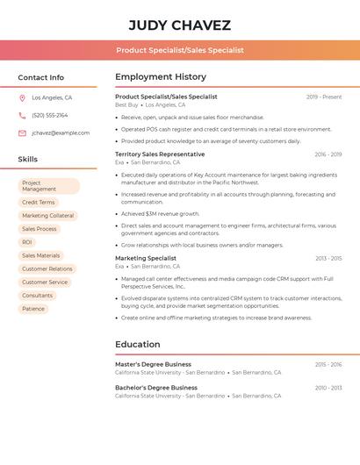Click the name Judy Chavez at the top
pyautogui.click(x=179, y=25)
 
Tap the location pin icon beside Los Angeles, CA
pyautogui.click(x=22, y=98)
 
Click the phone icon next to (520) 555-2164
pyautogui.click(x=22, y=116)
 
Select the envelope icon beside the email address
pyautogui.click(x=22, y=133)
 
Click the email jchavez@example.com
pyautogui.click(x=61, y=133)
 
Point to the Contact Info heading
pyautogui.click(x=40, y=77)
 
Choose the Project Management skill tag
pyautogui.click(x=49, y=186)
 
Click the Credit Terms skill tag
pyautogui.click(x=39, y=203)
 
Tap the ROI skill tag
pyautogui.click(x=27, y=242)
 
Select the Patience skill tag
pyautogui.click(x=33, y=309)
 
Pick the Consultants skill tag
pyautogui.click(x=38, y=296)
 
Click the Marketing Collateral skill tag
pyautogui.click(x=48, y=216)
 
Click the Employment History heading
pyautogui.click(x=161, y=77)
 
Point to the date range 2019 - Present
pyautogui.click(x=324, y=97)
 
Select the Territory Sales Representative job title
pyautogui.click(x=160, y=154)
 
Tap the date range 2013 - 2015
pyautogui.click(x=328, y=259)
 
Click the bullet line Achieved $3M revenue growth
pyautogui.click(x=161, y=213)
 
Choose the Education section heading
pyautogui.click(x=138, y=345)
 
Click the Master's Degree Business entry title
pyautogui.click(x=153, y=364)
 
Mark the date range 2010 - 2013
pyautogui.click(x=328, y=388)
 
